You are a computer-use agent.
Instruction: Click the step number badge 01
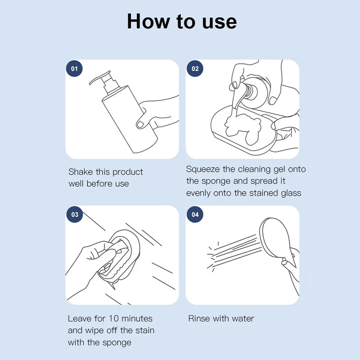tap(74, 68)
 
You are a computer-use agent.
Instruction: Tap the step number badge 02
tap(195, 68)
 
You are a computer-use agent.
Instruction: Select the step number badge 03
tap(74, 215)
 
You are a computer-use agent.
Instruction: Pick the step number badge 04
tap(195, 215)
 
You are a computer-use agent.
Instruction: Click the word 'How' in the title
tap(149, 21)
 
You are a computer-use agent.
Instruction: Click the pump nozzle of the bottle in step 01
tap(99, 77)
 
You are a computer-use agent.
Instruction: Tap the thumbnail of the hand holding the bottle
tap(140, 125)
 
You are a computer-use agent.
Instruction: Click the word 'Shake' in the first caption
tap(81, 172)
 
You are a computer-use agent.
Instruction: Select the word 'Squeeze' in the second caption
tap(202, 170)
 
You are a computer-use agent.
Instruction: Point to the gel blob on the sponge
tap(243, 129)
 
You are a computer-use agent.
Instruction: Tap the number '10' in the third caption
tap(113, 319)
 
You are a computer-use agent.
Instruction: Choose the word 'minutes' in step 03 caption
tap(137, 319)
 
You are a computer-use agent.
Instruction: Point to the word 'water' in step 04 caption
tap(243, 319)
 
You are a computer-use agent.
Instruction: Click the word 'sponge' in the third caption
tap(117, 343)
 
